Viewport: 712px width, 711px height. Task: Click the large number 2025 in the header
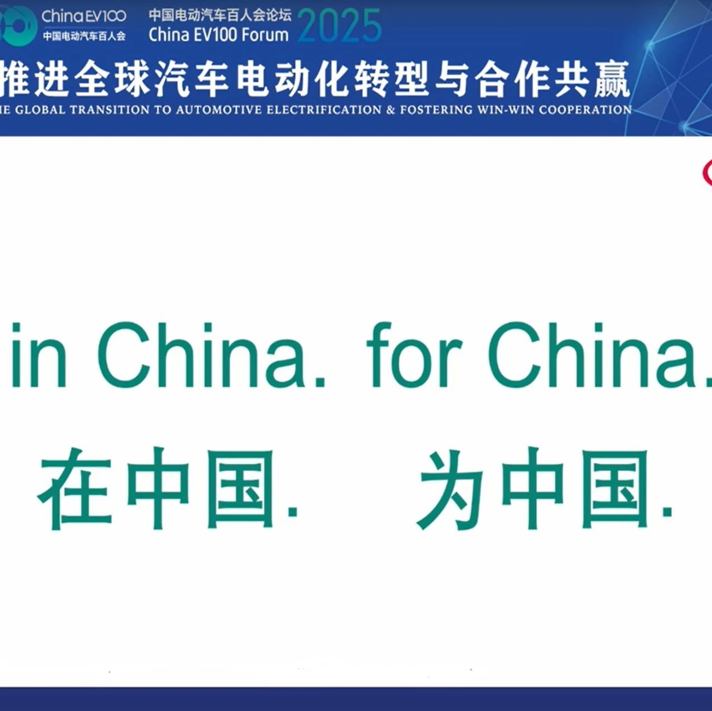click(339, 26)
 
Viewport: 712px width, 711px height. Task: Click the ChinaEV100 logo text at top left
click(84, 16)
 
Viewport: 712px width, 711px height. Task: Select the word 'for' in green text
click(414, 355)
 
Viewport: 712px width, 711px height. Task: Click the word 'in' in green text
click(39, 355)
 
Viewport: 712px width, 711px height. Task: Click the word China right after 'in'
click(211, 355)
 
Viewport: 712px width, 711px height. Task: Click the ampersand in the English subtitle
click(390, 110)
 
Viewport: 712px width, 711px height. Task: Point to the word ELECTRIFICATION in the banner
click(324, 110)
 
